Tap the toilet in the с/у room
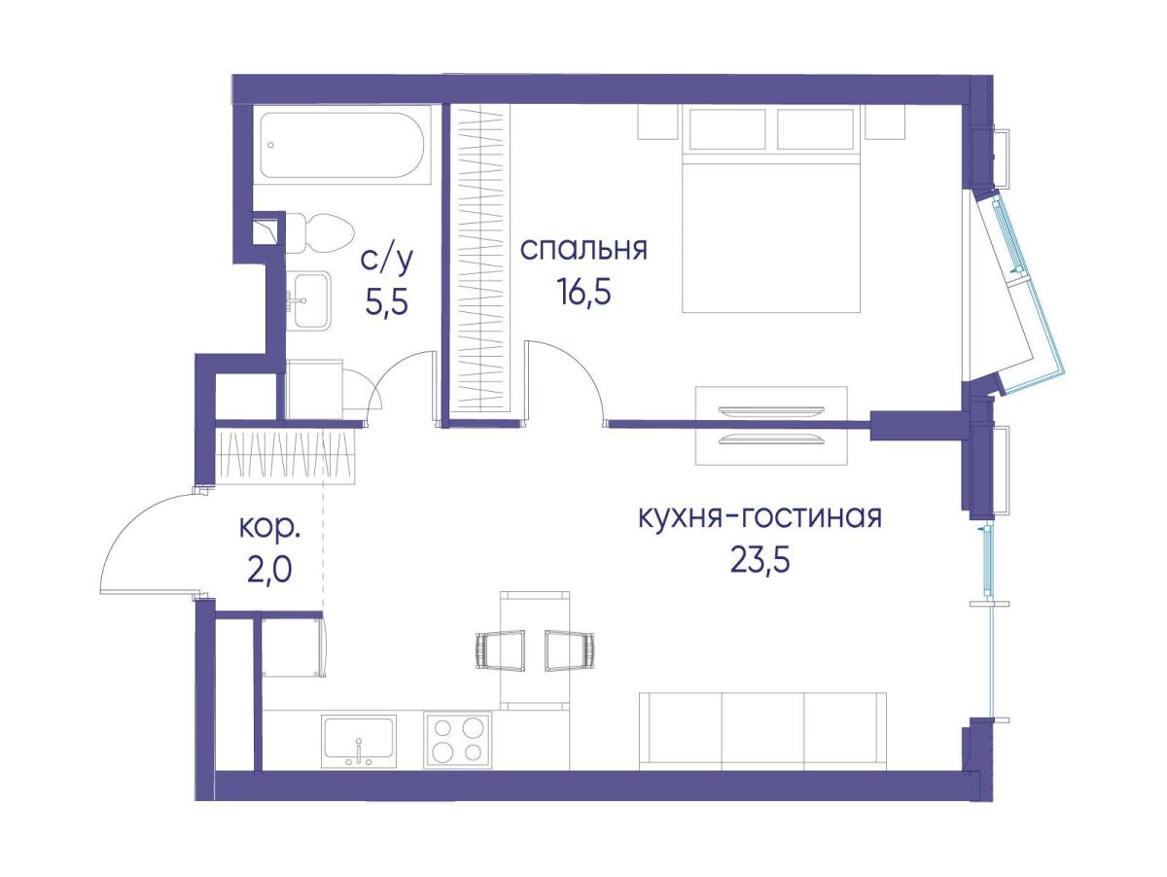[x=320, y=233]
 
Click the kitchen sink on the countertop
[x=358, y=741]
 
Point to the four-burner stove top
[x=457, y=740]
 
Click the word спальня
[x=583, y=250]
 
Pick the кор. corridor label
[x=269, y=529]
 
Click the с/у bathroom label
[x=386, y=262]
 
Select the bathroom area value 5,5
[x=386, y=303]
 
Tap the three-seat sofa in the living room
[x=762, y=731]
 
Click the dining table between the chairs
[x=536, y=650]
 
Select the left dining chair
[x=499, y=650]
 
